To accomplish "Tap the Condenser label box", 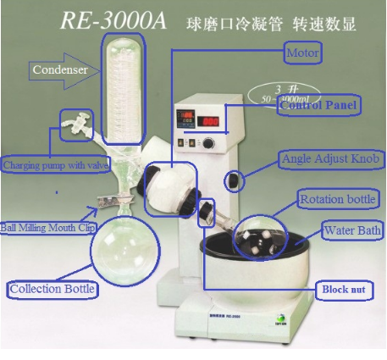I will click(x=61, y=69).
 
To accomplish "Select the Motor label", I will click(x=302, y=54).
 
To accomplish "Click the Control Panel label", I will click(x=319, y=106).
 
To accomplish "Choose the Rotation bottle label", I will click(x=337, y=200).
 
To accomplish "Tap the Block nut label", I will click(x=343, y=289).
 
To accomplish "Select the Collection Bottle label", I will click(x=52, y=290).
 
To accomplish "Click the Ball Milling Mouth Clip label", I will click(x=47, y=227).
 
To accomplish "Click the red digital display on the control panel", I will click(x=212, y=122).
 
